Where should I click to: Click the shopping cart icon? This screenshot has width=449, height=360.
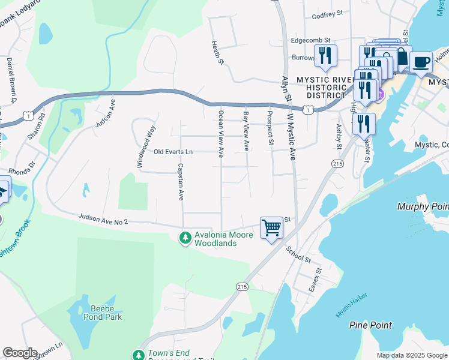click(271, 228)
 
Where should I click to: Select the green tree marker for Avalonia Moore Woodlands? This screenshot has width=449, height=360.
click(185, 238)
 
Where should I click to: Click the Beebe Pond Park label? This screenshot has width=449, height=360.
click(106, 313)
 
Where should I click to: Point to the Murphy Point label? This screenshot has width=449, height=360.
click(423, 206)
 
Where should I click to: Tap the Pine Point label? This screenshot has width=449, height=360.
click(370, 325)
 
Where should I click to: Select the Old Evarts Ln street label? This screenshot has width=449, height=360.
click(173, 152)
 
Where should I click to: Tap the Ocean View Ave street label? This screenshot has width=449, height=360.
click(221, 133)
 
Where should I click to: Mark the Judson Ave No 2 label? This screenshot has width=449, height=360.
click(103, 219)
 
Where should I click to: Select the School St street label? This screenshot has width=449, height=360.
click(298, 254)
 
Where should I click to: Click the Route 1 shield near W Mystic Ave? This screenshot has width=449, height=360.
click(307, 110)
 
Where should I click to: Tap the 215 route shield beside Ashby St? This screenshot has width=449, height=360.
click(337, 163)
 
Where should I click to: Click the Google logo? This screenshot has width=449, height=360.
click(20, 353)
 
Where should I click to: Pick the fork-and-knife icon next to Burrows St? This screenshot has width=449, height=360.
click(325, 56)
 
